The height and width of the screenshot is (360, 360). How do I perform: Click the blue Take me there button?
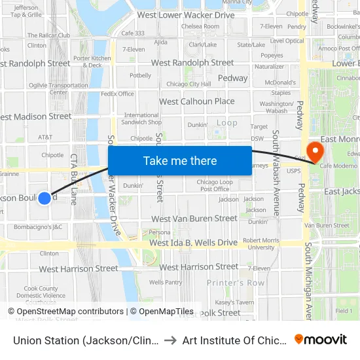tap(179, 160)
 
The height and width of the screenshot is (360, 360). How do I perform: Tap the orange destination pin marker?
tap(315, 151)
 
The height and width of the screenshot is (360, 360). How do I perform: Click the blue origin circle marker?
tap(44, 198)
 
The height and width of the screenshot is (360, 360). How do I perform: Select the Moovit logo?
tap(321, 339)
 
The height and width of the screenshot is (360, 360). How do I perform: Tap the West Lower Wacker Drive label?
tap(186, 15)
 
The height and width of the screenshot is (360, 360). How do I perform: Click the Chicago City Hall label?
tap(189, 84)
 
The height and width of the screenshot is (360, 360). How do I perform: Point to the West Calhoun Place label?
tap(196, 101)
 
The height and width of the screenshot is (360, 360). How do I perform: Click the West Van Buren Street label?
tap(194, 219)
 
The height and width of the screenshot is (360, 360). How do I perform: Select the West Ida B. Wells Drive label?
tap(193, 243)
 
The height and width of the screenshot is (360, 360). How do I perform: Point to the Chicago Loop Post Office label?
tap(215, 185)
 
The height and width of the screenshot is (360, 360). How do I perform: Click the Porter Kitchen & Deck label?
tap(88, 62)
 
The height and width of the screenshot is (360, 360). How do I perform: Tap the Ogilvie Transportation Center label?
tap(58, 88)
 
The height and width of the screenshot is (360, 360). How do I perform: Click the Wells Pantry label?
tap(166, 282)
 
